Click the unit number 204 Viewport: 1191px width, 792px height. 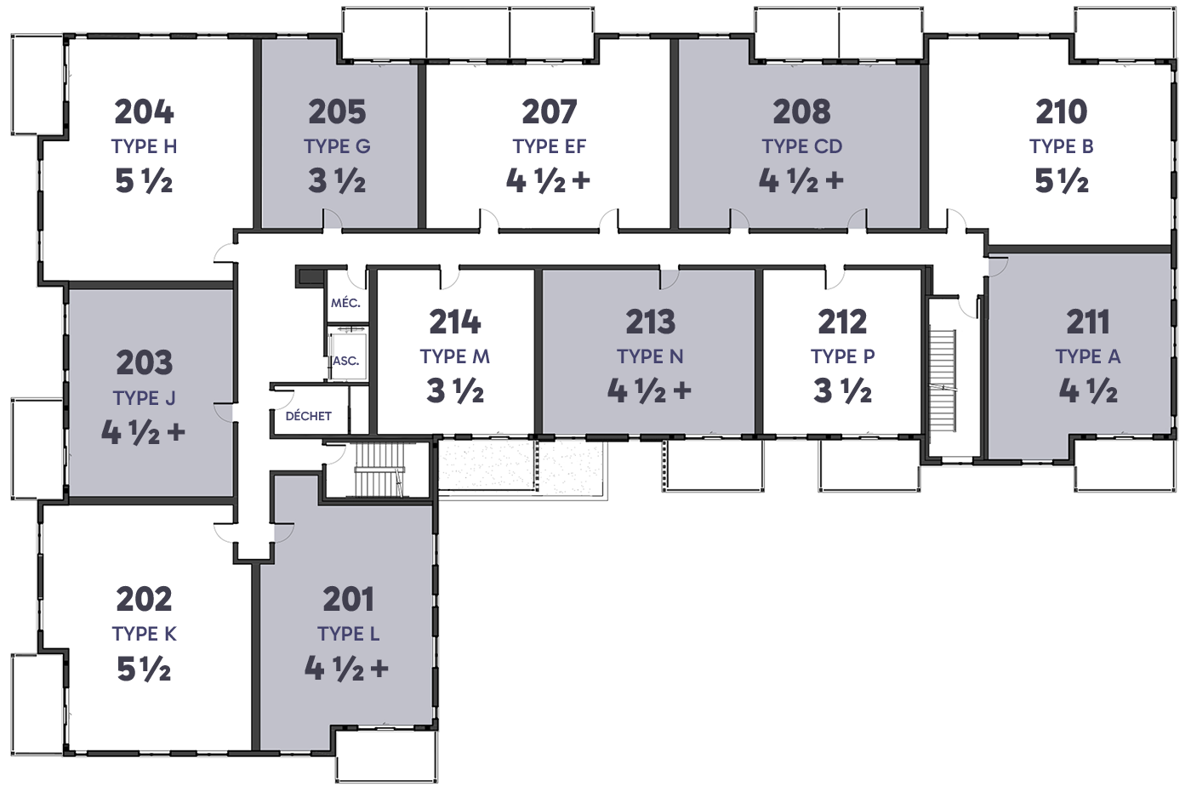[144, 111]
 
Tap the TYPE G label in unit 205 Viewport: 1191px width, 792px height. [337, 146]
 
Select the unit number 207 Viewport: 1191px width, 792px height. [550, 111]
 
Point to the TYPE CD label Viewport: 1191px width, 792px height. [801, 146]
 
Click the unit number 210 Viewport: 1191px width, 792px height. [1062, 111]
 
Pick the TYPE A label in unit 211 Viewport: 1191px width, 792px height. [1088, 356]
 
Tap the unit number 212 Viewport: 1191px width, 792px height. [842, 322]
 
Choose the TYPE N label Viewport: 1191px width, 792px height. [650, 356]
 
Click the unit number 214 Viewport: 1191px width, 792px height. [454, 322]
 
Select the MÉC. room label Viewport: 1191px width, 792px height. [345, 303]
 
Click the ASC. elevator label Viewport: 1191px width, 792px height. [345, 361]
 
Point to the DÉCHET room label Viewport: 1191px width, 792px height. [308, 416]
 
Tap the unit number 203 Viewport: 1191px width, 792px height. [144, 362]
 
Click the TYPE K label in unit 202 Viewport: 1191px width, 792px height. [144, 634]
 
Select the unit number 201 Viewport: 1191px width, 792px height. [348, 599]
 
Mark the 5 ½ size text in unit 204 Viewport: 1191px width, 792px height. [144, 180]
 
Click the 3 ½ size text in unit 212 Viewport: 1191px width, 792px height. [842, 390]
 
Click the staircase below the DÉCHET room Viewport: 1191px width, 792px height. [379, 470]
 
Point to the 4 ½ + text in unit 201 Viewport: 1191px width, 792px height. [346, 669]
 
